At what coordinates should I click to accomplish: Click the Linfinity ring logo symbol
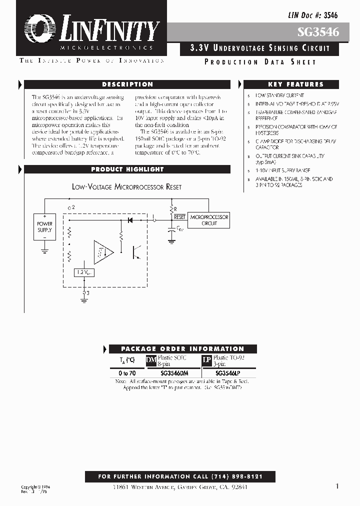38,28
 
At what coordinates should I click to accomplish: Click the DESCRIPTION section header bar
127,84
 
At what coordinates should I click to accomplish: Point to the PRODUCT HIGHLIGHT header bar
127,169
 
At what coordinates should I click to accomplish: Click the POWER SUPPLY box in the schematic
44,227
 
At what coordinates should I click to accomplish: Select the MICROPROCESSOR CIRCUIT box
209,220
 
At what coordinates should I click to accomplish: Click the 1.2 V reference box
83,272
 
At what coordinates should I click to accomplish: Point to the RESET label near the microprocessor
179,217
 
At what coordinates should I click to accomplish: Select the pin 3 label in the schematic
87,293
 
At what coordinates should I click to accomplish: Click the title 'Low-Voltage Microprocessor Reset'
126,187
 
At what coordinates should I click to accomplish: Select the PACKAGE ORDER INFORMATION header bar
182,349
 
